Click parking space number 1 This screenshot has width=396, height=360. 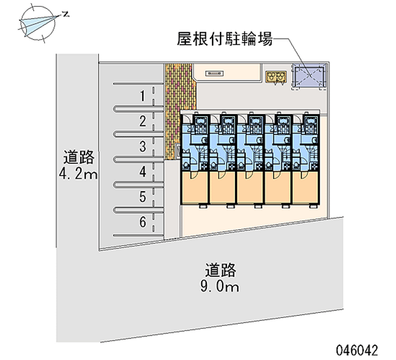pyautogui.click(x=143, y=96)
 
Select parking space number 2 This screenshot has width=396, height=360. pyautogui.click(x=143, y=121)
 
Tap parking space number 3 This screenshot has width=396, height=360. pyautogui.click(x=143, y=147)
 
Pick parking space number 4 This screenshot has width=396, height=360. pyautogui.click(x=143, y=172)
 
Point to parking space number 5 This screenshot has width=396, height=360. pyautogui.click(x=143, y=197)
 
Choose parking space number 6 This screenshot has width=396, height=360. pyautogui.click(x=143, y=222)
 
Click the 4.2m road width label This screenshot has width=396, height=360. pyautogui.click(x=79, y=174)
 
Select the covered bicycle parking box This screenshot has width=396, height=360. pyautogui.click(x=308, y=77)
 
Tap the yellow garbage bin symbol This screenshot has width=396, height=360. pyautogui.click(x=276, y=76)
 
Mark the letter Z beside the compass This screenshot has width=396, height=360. pyautogui.click(x=65, y=15)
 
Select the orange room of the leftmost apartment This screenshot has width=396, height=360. pyautogui.click(x=195, y=188)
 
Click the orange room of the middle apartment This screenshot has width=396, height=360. pyautogui.click(x=250, y=188)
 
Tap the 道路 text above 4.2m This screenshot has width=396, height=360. pyautogui.click(x=79, y=158)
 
